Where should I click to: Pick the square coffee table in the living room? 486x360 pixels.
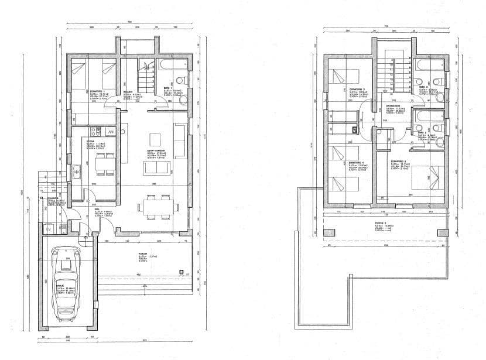[x=155, y=139]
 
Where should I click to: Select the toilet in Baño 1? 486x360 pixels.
[x=181, y=80]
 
